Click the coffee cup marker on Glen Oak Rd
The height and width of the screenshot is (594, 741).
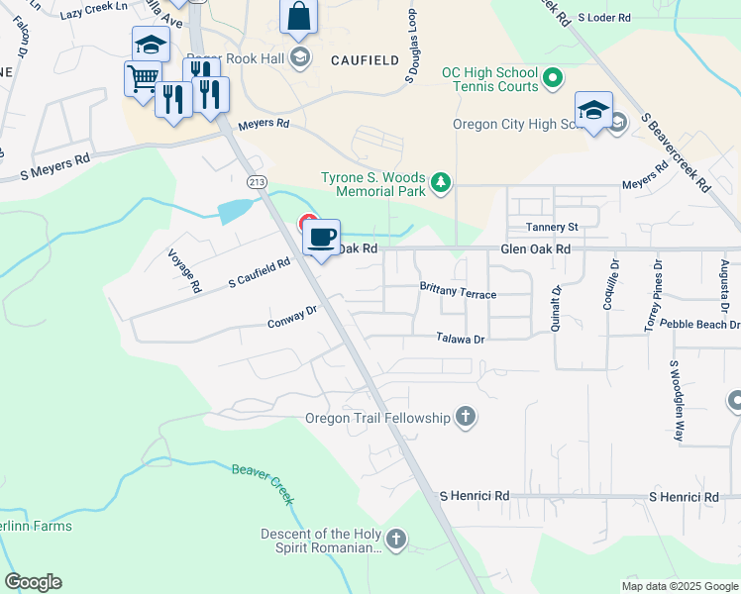(321, 238)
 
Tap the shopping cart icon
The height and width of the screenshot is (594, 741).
(143, 77)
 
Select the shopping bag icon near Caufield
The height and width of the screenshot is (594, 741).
(298, 17)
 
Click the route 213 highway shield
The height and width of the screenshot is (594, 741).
(257, 181)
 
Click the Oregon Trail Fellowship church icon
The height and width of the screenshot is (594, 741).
(466, 417)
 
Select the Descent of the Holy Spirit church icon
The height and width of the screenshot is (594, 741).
(395, 540)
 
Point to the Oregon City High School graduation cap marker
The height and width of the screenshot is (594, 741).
(593, 110)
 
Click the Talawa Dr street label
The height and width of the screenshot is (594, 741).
(461, 338)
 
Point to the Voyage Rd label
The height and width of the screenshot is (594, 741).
(184, 271)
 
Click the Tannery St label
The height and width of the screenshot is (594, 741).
(552, 227)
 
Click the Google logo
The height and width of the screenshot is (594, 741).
(33, 582)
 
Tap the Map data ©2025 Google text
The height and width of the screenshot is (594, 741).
(678, 586)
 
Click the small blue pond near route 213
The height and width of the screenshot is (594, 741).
(236, 209)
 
